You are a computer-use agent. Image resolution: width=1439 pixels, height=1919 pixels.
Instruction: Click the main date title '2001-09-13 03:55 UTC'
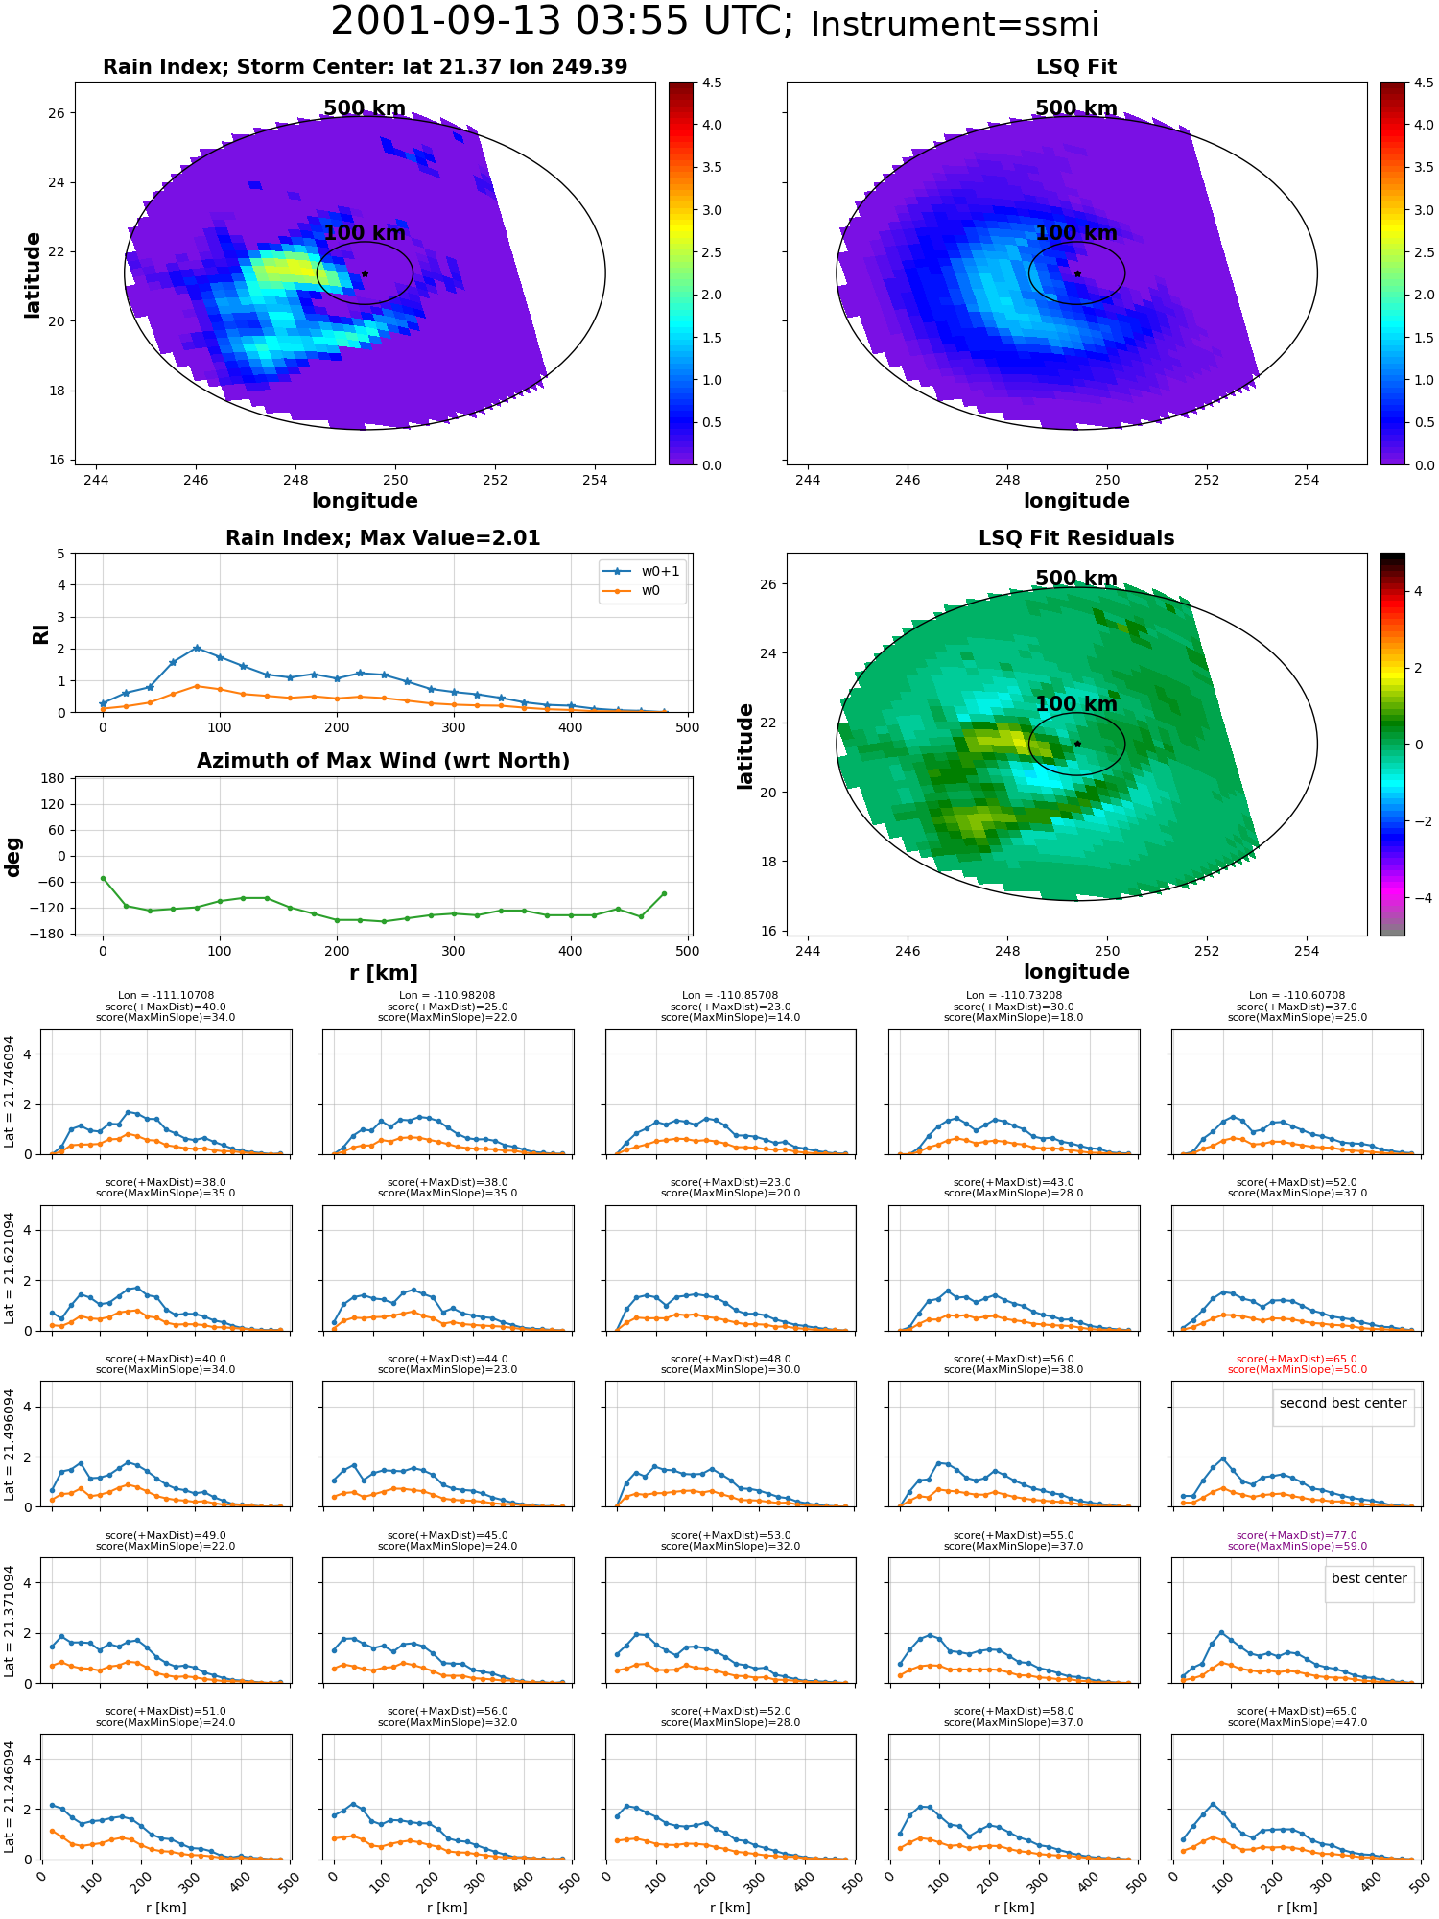pyautogui.click(x=561, y=22)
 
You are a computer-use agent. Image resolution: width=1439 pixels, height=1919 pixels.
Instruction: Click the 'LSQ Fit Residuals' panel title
pyautogui.click(x=1076, y=538)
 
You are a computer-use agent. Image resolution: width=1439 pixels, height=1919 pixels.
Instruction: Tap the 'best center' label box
pyautogui.click(x=1369, y=1578)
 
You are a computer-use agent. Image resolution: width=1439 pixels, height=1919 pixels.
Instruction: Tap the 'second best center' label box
pyautogui.click(x=1343, y=1403)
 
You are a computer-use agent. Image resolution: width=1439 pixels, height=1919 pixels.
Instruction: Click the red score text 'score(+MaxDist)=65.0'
pyautogui.click(x=1297, y=1359)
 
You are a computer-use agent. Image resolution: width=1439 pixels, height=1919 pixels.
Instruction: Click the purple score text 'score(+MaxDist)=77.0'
pyautogui.click(x=1297, y=1535)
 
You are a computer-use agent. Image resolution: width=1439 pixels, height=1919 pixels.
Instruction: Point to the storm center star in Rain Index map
pyautogui.click(x=365, y=273)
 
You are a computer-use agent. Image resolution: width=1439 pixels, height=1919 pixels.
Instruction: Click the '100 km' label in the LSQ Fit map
pyautogui.click(x=1076, y=233)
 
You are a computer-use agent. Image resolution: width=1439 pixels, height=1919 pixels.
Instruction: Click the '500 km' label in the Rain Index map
pyautogui.click(x=365, y=108)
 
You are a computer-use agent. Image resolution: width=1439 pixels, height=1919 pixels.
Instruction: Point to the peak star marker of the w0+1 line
pyautogui.click(x=197, y=649)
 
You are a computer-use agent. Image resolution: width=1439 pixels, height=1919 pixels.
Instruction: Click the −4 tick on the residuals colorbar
pyautogui.click(x=1416, y=898)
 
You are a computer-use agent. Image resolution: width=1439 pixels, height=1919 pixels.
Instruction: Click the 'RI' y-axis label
pyautogui.click(x=40, y=634)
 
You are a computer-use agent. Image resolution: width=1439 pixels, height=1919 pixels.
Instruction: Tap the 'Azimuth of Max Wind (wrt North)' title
pyautogui.click(x=384, y=761)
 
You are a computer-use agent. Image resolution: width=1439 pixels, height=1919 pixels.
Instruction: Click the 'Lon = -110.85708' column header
pyautogui.click(x=731, y=995)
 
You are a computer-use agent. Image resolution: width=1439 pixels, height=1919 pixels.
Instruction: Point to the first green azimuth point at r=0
pyautogui.click(x=103, y=878)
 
